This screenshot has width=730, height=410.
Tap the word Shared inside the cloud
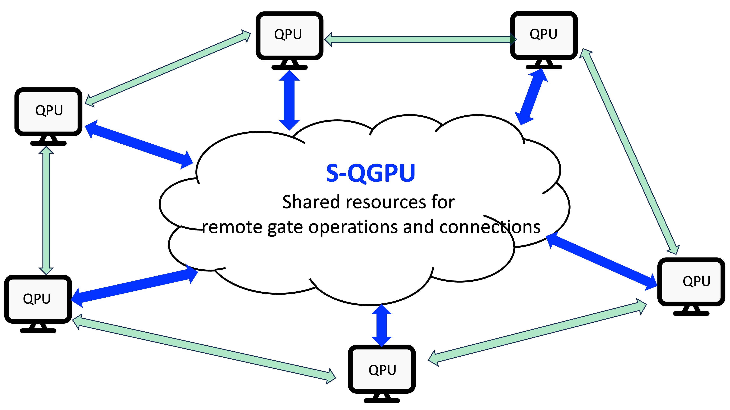point(311,202)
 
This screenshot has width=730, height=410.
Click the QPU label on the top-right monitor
point(543,34)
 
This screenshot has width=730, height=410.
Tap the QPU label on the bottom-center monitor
point(382,370)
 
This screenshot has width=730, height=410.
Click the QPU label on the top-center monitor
point(288,34)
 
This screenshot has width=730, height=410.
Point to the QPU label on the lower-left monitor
point(37,299)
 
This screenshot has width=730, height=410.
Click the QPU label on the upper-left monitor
point(49,110)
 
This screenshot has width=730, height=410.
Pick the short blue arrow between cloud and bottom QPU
point(381,325)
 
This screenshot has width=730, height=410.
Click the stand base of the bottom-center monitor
point(381,400)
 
